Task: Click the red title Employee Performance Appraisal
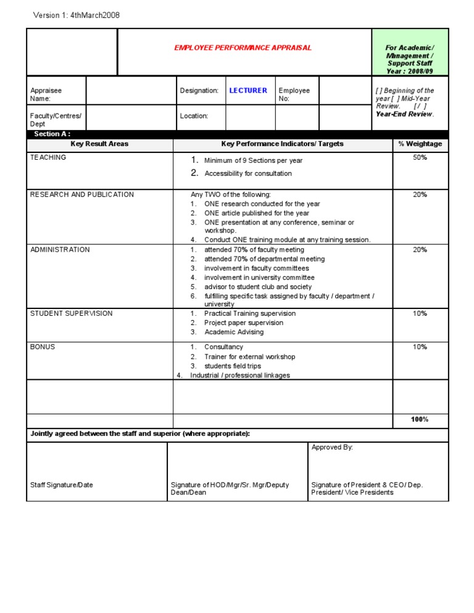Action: (243, 47)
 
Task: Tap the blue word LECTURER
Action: (248, 91)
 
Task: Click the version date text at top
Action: (76, 15)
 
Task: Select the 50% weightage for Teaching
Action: (420, 158)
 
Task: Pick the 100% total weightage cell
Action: (420, 419)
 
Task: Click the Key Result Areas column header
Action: (99, 144)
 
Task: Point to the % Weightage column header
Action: (420, 144)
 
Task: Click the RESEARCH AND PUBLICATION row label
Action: (81, 195)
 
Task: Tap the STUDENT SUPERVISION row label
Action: (71, 313)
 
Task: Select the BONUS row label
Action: (43, 347)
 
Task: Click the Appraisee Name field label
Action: (46, 94)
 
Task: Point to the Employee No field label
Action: (294, 94)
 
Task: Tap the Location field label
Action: (194, 116)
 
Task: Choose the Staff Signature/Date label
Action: (62, 485)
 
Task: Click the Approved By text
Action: (332, 447)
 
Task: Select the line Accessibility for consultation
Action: (247, 174)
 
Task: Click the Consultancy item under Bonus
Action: (223, 347)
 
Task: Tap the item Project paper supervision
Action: (244, 323)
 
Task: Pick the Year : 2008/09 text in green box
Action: (410, 71)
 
